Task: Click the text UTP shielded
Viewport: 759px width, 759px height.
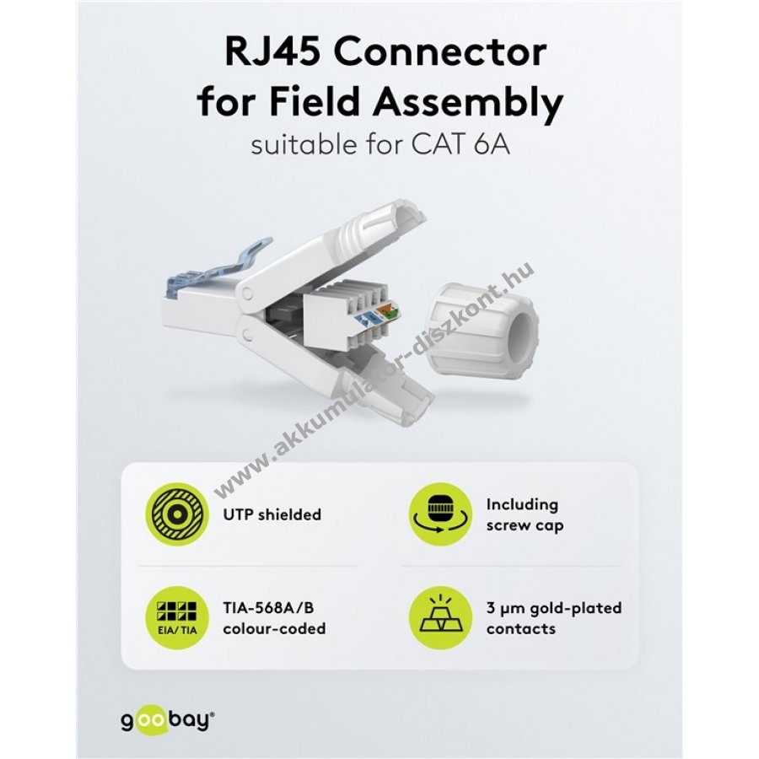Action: click(272, 514)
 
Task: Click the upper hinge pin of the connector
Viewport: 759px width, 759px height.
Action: click(245, 295)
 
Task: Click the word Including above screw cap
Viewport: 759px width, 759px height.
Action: click(522, 504)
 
